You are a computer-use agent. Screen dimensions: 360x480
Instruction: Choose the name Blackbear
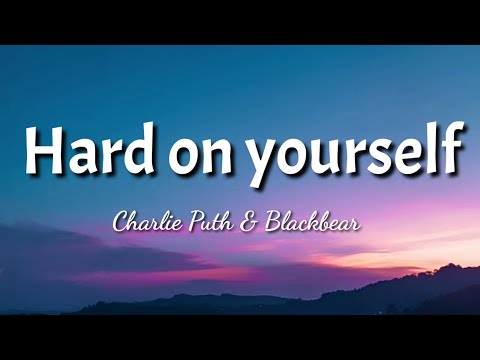(x=311, y=221)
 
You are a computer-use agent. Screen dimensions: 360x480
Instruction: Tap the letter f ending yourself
(x=452, y=150)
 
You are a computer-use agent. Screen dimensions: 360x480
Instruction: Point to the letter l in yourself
(x=432, y=150)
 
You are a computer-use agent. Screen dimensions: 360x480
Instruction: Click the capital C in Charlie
(x=122, y=221)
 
